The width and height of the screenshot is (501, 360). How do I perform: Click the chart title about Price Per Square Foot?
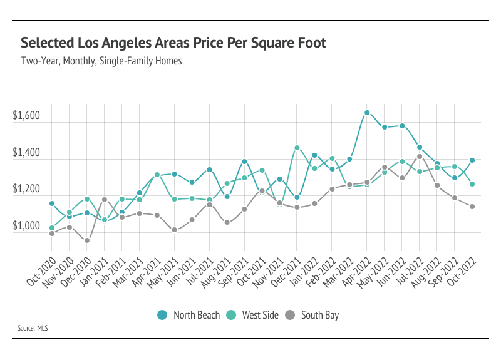173,43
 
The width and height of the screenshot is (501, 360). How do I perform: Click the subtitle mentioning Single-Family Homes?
101,62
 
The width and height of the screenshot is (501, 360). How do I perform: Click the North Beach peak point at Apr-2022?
367,113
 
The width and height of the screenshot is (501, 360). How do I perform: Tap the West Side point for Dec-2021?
297,148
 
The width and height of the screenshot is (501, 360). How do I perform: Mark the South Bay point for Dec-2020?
87,240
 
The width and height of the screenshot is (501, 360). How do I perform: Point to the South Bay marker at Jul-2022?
420,157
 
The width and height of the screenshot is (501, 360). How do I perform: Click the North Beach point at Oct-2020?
52,203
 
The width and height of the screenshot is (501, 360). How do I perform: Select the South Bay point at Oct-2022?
472,207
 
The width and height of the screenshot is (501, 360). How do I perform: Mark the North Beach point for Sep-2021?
244,162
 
